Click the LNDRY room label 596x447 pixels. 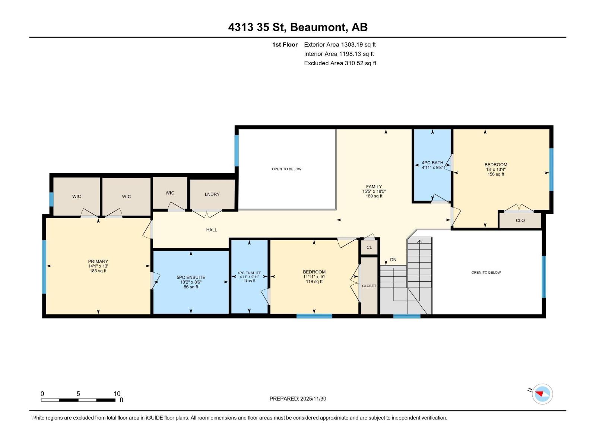click(x=212, y=194)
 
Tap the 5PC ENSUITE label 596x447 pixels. click(x=191, y=278)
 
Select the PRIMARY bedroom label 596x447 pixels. click(x=98, y=261)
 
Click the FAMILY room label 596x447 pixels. click(x=374, y=187)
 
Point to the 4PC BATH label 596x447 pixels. click(x=432, y=163)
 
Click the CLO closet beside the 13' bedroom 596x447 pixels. click(x=520, y=221)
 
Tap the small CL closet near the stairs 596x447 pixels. click(x=369, y=248)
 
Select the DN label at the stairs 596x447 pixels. click(x=393, y=260)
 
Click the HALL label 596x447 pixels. click(x=212, y=230)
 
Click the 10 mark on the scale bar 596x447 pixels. click(x=117, y=394)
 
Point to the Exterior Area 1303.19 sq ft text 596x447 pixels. click(x=340, y=45)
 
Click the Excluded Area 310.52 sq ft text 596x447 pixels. click(x=340, y=63)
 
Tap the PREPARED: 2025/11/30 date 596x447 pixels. click(x=298, y=399)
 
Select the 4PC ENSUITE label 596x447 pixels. click(x=249, y=273)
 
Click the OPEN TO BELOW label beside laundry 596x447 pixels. click(x=286, y=169)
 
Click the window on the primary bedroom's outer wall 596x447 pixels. click(x=44, y=267)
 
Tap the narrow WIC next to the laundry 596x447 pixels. click(x=170, y=193)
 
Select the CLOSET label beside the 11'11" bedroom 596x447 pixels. click(x=369, y=286)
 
